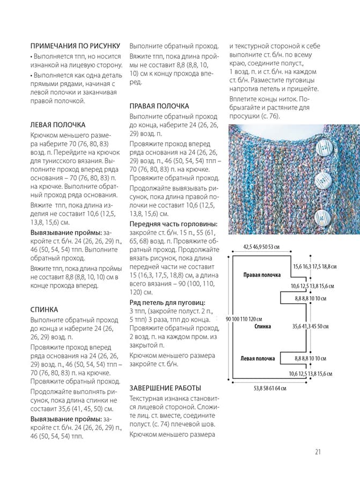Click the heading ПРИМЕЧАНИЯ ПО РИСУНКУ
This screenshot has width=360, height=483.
coord(75,46)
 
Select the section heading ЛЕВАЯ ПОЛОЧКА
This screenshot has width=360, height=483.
coord(58,125)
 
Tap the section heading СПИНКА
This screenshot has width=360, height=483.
coord(45,310)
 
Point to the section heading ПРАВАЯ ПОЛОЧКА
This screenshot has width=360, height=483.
coord(159,106)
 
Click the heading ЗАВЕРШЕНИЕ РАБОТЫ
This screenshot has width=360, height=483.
coord(165,387)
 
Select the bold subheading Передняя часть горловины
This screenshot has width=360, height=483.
coord(173,224)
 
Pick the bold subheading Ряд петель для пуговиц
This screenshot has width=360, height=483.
coord(167,303)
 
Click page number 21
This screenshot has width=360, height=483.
coord(318,451)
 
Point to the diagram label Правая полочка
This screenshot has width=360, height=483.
coord(262,275)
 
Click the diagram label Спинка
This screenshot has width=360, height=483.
coord(262,326)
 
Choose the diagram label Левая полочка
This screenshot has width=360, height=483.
coord(259,358)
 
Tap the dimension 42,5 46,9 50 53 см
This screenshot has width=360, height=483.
coord(261,247)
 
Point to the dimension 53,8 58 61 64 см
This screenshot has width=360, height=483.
coord(270,388)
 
